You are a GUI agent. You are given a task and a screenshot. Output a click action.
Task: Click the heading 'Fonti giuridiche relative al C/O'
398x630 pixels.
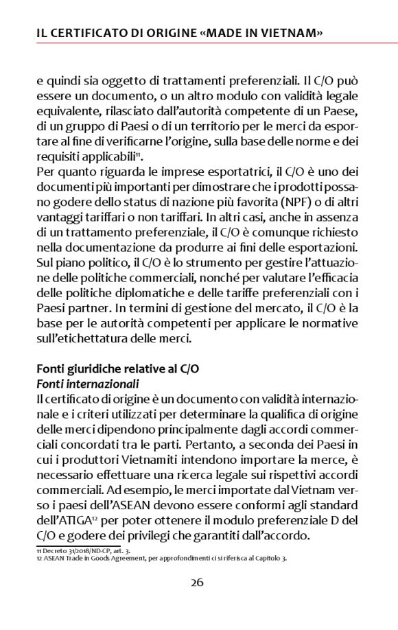(x=117, y=368)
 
